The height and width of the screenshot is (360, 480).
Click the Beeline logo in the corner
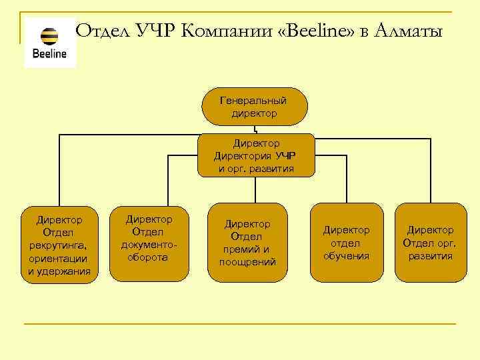pyautogui.click(x=50, y=43)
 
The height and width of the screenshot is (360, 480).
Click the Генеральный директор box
pyautogui.click(x=254, y=107)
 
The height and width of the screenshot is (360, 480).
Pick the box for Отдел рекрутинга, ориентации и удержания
pyautogui.click(x=59, y=245)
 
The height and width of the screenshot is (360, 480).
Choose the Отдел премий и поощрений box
pyautogui.click(x=247, y=243)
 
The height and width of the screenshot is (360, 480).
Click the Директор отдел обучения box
pyautogui.click(x=346, y=243)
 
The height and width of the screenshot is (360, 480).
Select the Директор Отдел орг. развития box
pyautogui.click(x=430, y=243)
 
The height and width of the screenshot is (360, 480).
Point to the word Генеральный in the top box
pyautogui.click(x=254, y=101)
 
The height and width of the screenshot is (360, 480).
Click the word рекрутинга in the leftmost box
pyautogui.click(x=59, y=245)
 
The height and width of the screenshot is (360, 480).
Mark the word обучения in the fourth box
pyautogui.click(x=346, y=255)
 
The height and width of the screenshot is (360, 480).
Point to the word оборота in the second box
pyautogui.click(x=149, y=257)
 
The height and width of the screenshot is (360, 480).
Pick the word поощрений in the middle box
pyautogui.click(x=247, y=262)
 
